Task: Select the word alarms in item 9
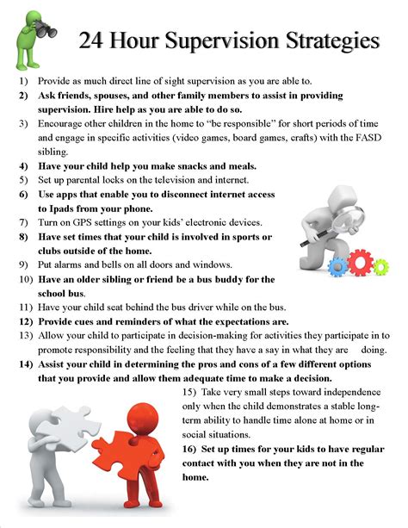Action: pos(70,264)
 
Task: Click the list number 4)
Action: pos(23,165)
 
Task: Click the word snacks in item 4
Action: pos(189,165)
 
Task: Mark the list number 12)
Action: pos(25,320)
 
